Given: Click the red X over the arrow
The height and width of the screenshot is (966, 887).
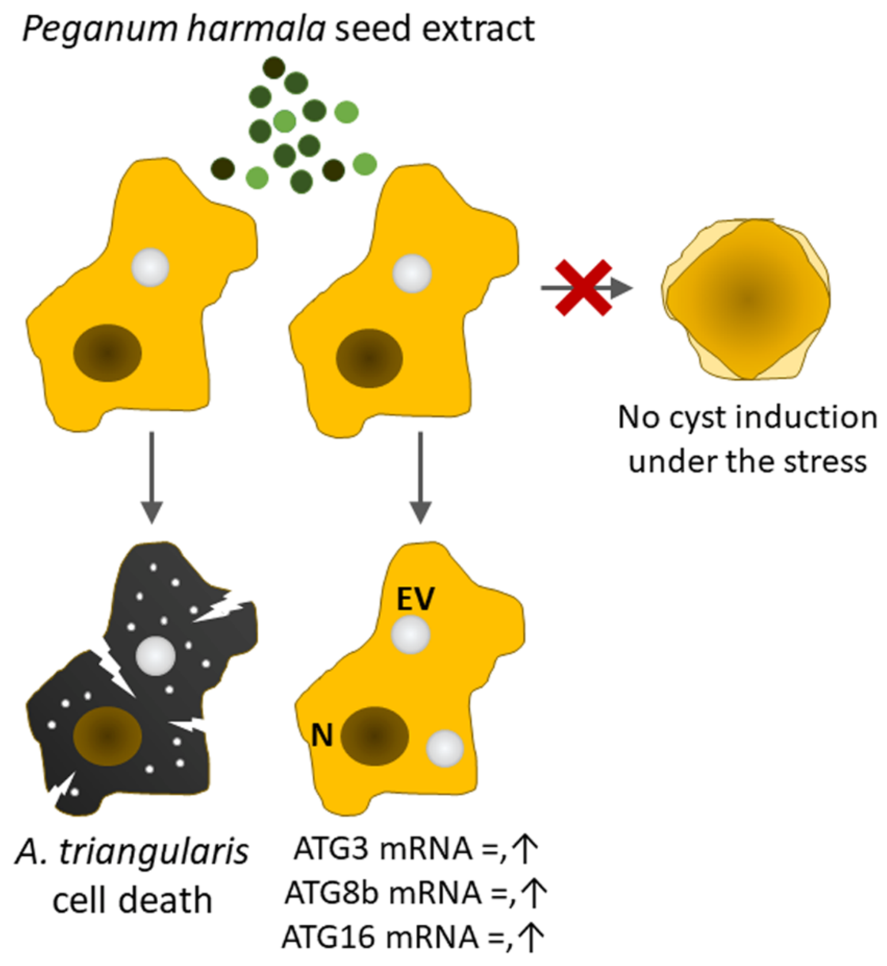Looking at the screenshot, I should click(584, 288).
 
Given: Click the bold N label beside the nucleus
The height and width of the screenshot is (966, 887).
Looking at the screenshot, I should click(322, 735).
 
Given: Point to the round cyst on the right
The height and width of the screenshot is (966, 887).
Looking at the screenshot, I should click(746, 300).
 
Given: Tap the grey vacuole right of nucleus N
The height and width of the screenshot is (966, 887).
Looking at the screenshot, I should click(445, 748).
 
